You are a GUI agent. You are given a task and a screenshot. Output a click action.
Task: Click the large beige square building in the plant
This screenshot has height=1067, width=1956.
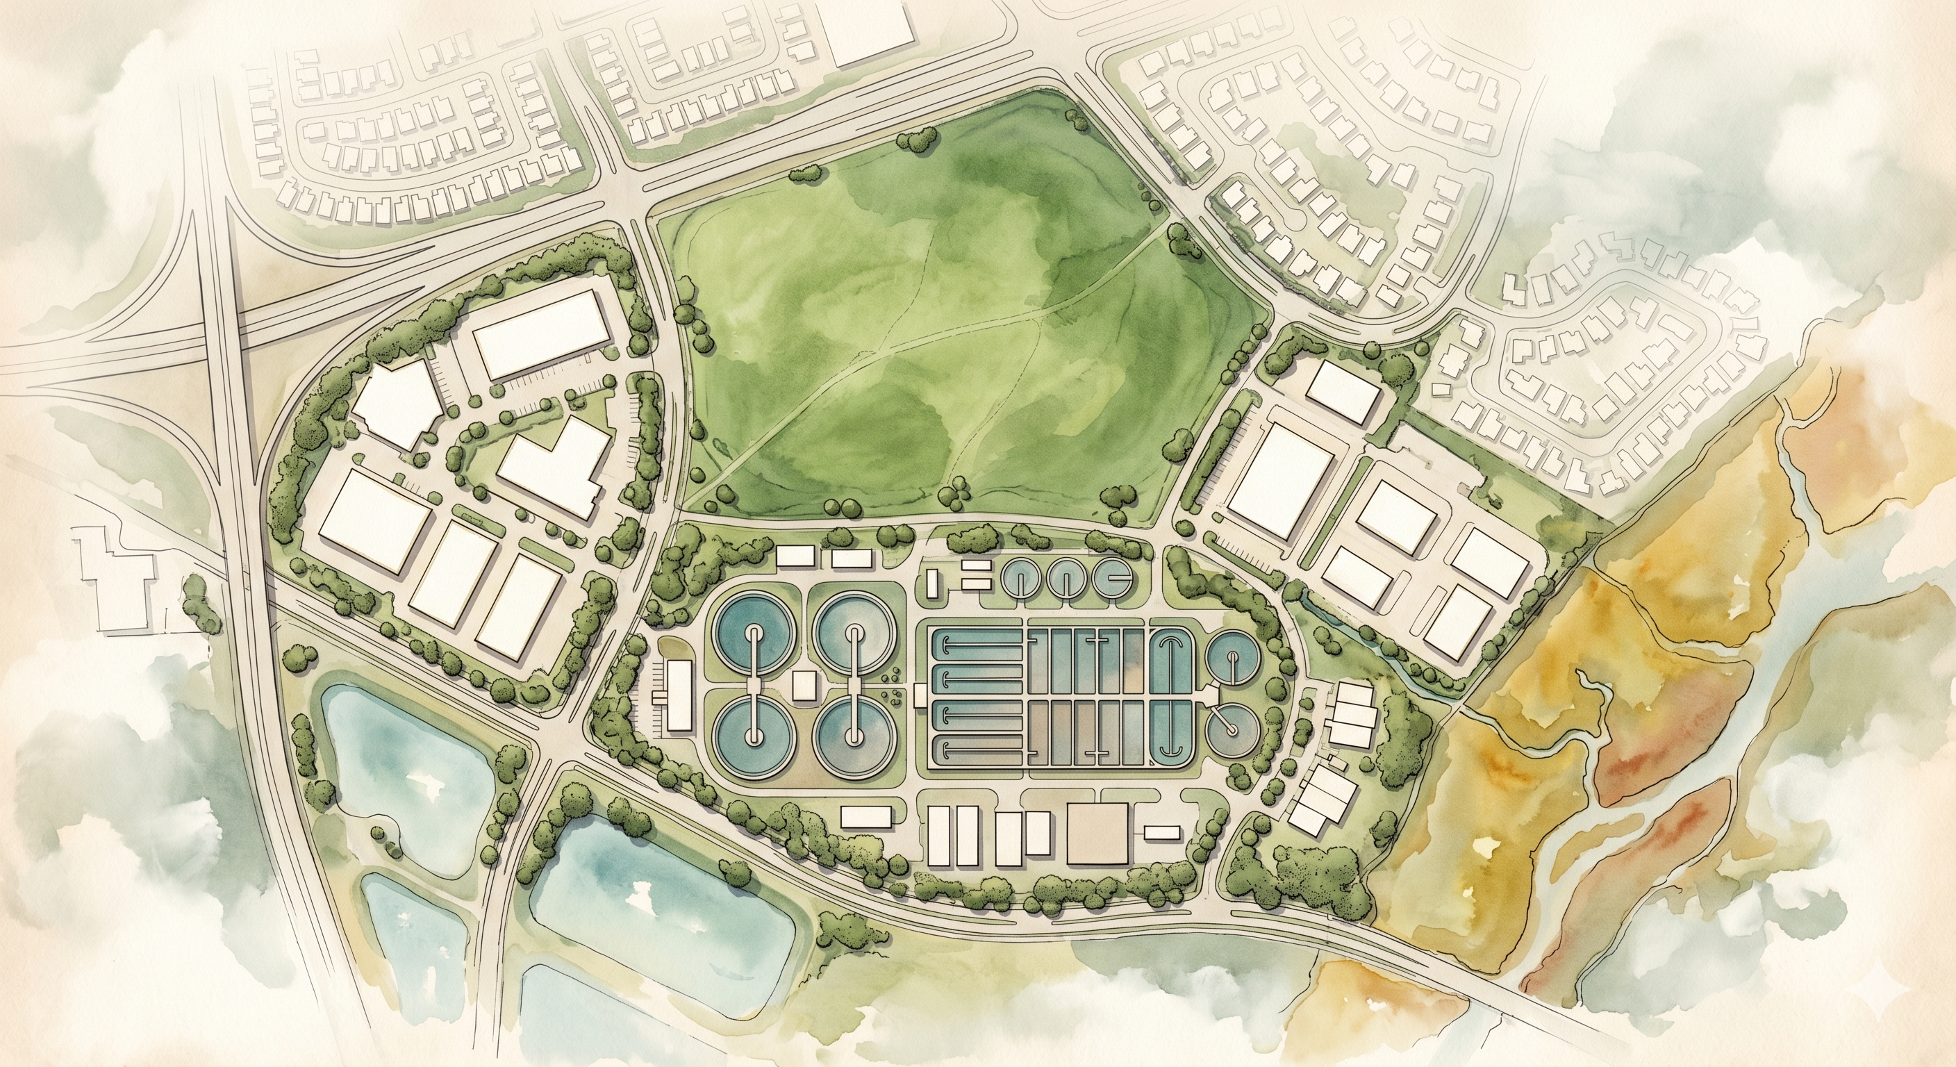(x=1097, y=834)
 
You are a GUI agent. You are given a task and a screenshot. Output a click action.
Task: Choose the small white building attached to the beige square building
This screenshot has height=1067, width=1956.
(x=1162, y=832)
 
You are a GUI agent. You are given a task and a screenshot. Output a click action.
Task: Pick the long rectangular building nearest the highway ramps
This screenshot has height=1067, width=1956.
(x=542, y=334)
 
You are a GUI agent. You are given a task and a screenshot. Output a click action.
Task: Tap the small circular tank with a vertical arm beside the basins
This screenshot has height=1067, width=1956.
(x=1232, y=659)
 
